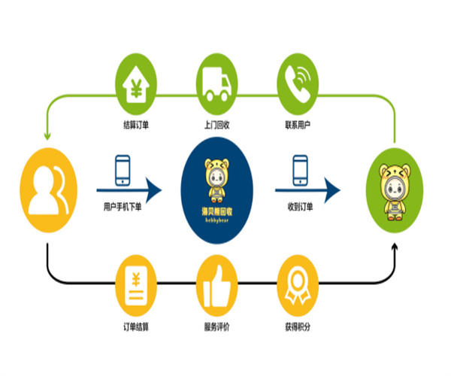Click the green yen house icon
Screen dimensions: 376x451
pos(136,83)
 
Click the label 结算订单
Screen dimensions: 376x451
pos(135,124)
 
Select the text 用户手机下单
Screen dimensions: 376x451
pos(123,207)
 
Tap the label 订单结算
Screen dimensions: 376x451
pos(135,326)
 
